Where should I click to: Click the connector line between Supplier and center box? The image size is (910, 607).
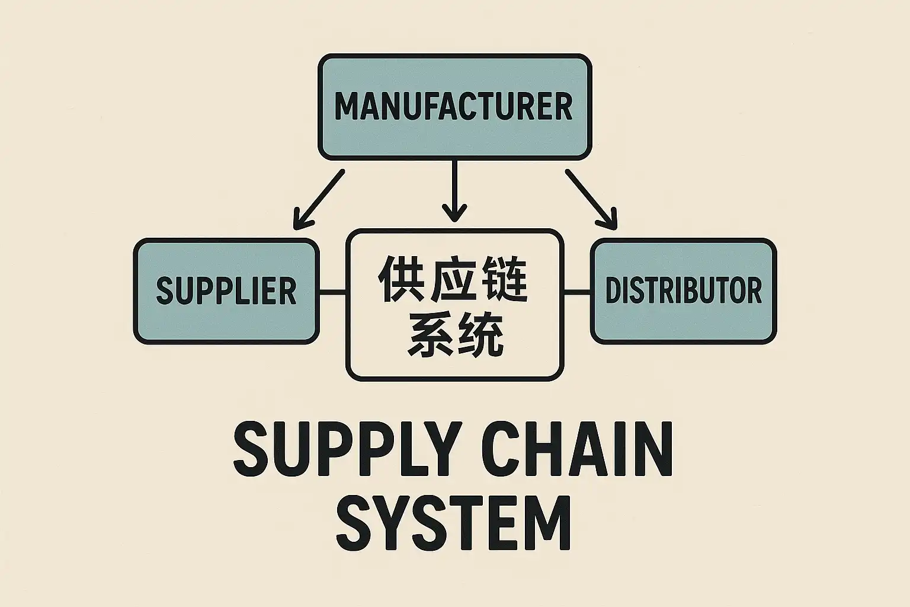[x=332, y=292]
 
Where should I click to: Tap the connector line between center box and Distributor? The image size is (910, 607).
[x=577, y=292]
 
